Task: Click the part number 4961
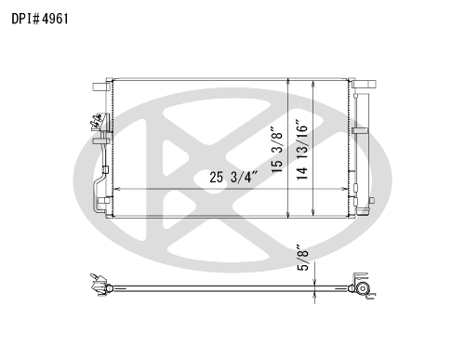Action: pyautogui.click(x=55, y=19)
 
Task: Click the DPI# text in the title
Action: pyautogui.click(x=26, y=19)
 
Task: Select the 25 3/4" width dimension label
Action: pyautogui.click(x=233, y=178)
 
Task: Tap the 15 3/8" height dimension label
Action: pyautogui.click(x=277, y=150)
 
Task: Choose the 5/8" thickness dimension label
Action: pyautogui.click(x=303, y=258)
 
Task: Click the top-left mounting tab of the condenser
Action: pyautogui.click(x=100, y=87)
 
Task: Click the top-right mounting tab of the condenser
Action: pyautogui.click(x=364, y=84)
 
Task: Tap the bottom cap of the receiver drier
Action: pyautogui.click(x=363, y=211)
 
